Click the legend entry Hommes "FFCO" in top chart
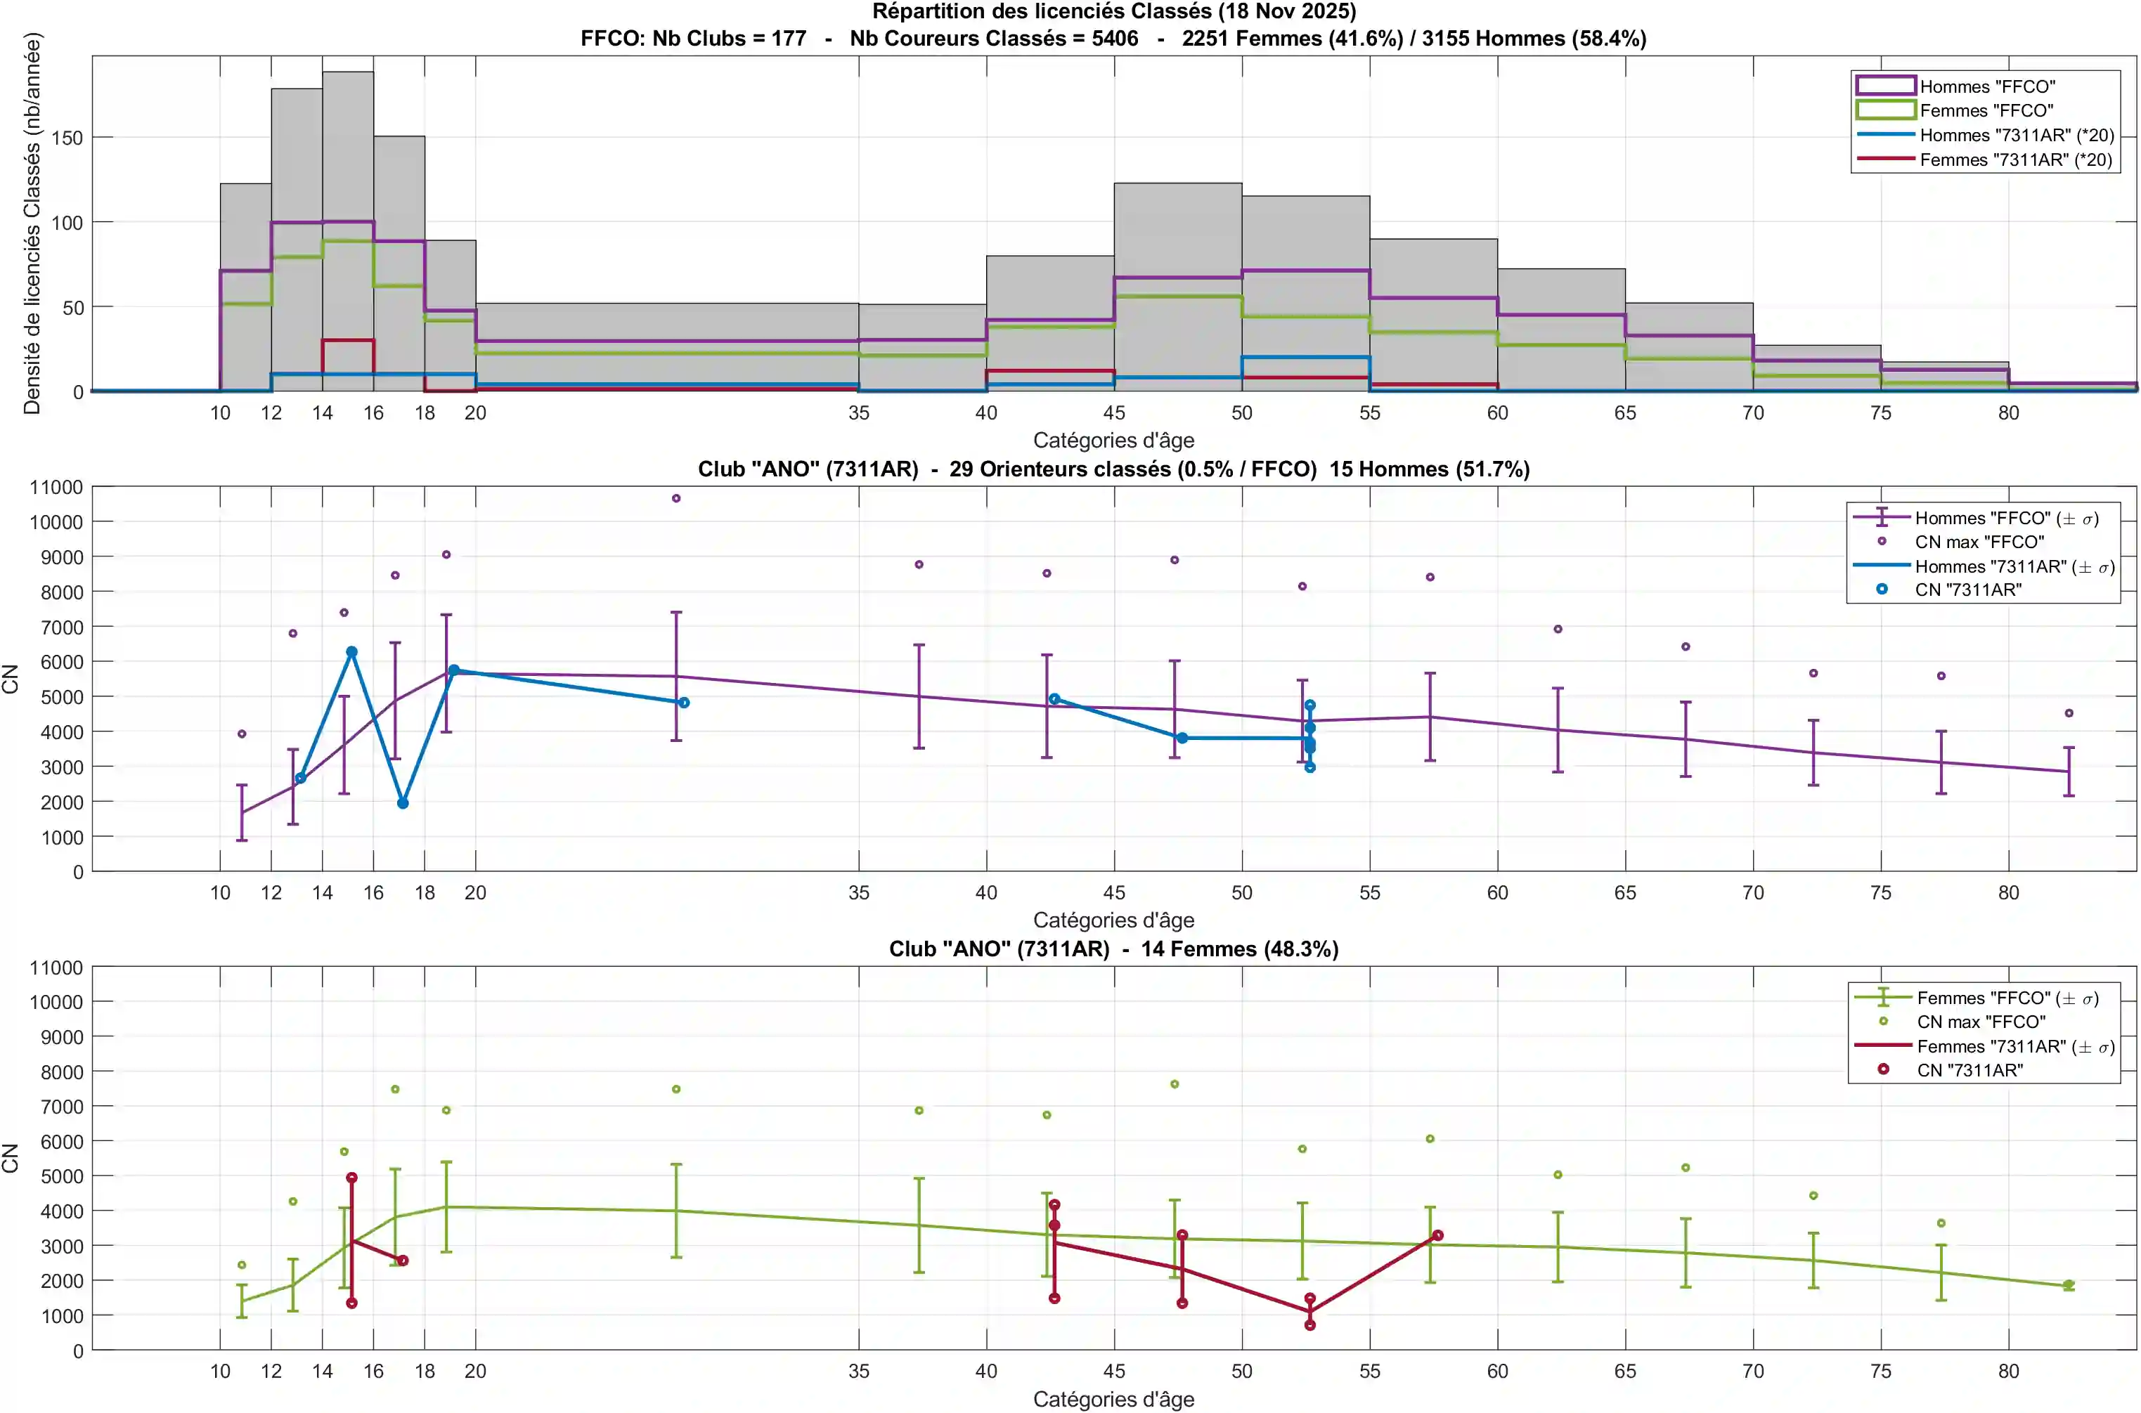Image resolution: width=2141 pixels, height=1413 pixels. pyautogui.click(x=1987, y=86)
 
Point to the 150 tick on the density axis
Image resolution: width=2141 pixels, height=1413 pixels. pyautogui.click(x=67, y=138)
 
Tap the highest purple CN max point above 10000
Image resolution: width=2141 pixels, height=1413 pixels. pyautogui.click(x=676, y=498)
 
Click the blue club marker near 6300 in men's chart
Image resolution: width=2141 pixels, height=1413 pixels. pyautogui.click(x=351, y=651)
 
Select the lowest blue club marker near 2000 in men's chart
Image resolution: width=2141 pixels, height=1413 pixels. pyautogui.click(x=403, y=803)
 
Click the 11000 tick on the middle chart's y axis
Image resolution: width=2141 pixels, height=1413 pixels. pyautogui.click(x=56, y=488)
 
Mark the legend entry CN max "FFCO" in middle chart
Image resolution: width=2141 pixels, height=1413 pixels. pyautogui.click(x=1979, y=542)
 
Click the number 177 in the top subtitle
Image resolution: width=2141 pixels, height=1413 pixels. pyautogui.click(x=789, y=39)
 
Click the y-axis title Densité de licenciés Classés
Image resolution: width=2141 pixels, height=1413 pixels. pyautogui.click(x=32, y=223)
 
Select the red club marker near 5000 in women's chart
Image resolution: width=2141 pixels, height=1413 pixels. pyautogui.click(x=351, y=1178)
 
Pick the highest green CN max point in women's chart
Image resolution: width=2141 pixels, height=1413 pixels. pyautogui.click(x=1175, y=1084)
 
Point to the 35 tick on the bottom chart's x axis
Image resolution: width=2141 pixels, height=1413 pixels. pyautogui.click(x=858, y=1371)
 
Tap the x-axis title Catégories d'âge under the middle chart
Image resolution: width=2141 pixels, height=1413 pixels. pyautogui.click(x=1113, y=920)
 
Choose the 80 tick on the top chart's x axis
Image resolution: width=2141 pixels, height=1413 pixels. pyautogui.click(x=2007, y=412)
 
